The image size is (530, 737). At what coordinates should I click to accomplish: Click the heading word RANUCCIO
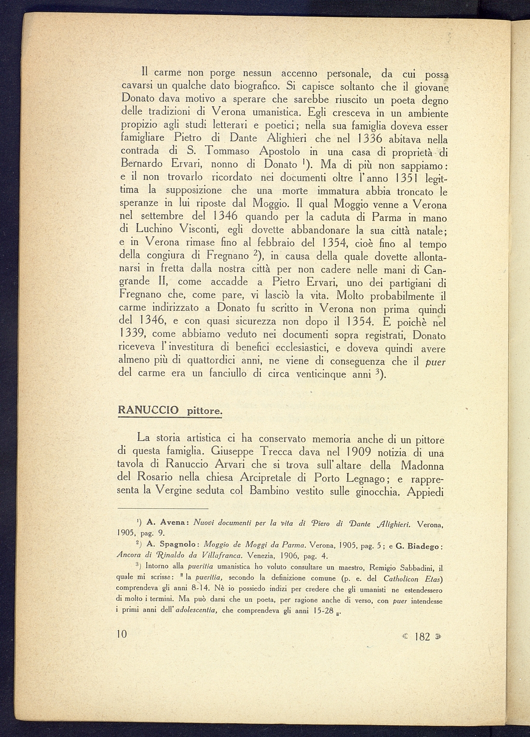click(x=148, y=410)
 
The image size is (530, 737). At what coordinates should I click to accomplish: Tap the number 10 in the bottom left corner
click(x=122, y=635)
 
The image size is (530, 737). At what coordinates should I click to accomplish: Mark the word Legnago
click(x=360, y=478)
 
